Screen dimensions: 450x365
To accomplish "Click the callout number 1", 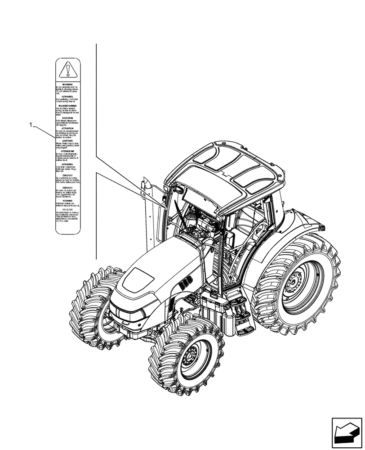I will click(31, 125).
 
